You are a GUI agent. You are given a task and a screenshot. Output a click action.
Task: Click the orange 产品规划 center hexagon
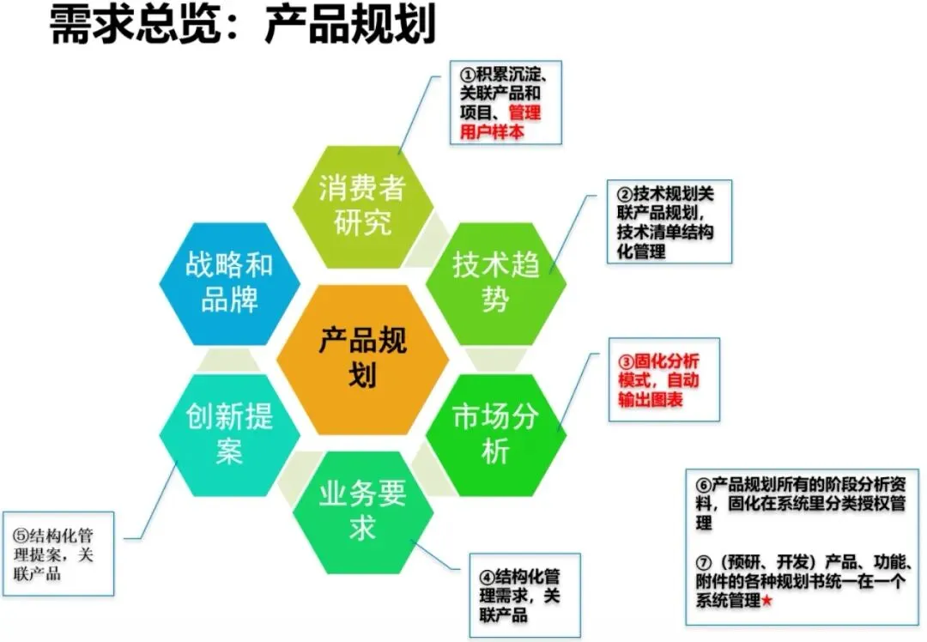coord(362,359)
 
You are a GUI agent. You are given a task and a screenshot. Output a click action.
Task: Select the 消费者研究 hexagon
coord(361,206)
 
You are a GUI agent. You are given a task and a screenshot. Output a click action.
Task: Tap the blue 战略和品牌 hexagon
coord(230,282)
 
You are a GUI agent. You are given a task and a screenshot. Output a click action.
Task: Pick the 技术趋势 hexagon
coord(495,282)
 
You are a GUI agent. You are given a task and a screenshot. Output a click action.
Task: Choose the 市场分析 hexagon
coord(495,434)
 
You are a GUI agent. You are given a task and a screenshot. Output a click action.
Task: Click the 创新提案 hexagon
coord(230,434)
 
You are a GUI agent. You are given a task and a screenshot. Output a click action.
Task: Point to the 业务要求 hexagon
coord(362,512)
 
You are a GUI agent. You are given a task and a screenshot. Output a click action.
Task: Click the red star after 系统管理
coord(766,602)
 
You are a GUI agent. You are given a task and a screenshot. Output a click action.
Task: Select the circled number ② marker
coord(624,194)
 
